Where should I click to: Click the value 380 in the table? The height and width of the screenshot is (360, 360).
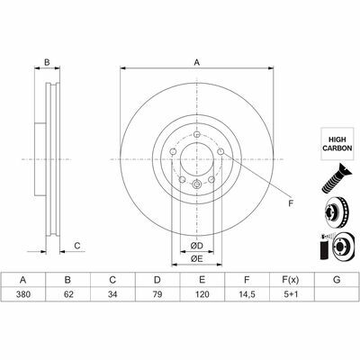point(23,294)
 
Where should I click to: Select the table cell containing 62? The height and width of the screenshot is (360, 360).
point(67,294)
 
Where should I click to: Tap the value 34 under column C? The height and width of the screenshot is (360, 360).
point(112,294)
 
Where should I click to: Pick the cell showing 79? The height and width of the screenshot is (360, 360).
point(157,294)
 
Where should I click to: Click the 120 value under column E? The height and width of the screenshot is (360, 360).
point(202,294)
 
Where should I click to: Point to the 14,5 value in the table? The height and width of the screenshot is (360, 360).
point(247,294)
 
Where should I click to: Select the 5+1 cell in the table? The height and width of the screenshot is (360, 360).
point(292,294)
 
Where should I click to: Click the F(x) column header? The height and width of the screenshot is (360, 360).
point(291,280)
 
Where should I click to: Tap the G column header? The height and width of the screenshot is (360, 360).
point(337,280)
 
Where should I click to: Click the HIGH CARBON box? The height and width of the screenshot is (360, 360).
point(337,144)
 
